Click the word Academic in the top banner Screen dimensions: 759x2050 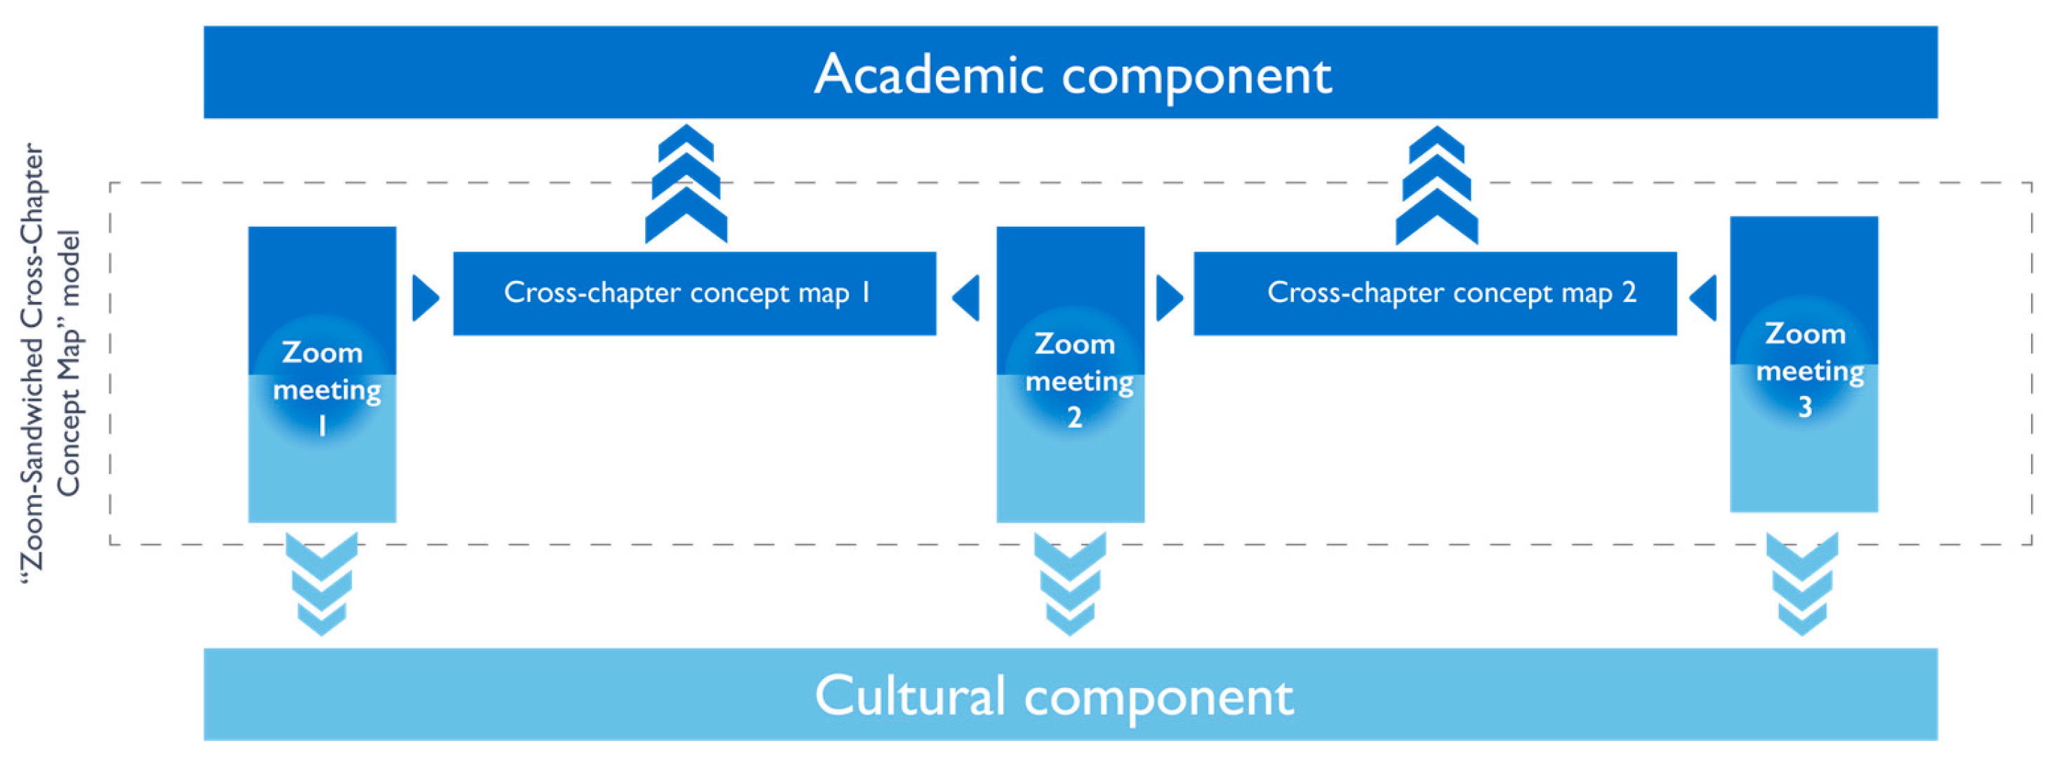tap(928, 75)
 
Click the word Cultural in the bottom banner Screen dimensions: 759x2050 tap(910, 696)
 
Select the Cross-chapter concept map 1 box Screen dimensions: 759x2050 tap(694, 293)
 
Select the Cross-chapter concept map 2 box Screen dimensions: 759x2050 tap(1434, 293)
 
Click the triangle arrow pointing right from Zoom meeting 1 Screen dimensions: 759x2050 tap(424, 298)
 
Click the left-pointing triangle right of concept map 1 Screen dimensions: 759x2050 tap(967, 298)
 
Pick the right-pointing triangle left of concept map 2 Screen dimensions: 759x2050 tap(1168, 298)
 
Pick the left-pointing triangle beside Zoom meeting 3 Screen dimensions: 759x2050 tap(1704, 298)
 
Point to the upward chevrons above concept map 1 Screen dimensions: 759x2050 tap(686, 185)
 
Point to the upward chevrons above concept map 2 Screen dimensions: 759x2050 tap(1436, 185)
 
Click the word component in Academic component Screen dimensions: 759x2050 tap(1196, 77)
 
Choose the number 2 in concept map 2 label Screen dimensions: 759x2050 tap(1629, 293)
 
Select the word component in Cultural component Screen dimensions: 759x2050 tap(1158, 698)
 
